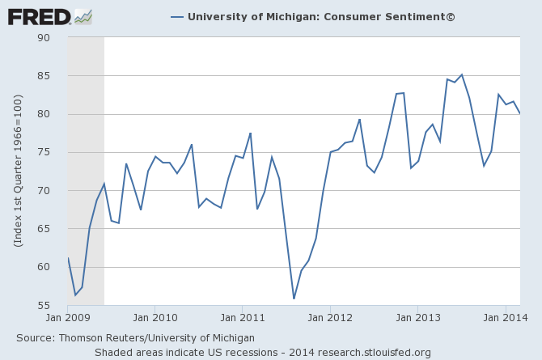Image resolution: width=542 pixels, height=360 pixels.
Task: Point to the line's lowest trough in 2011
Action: coord(294,299)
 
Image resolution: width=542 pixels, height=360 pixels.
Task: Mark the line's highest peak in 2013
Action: coord(461,74)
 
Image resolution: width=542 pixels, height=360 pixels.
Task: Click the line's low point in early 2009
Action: coord(75,294)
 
